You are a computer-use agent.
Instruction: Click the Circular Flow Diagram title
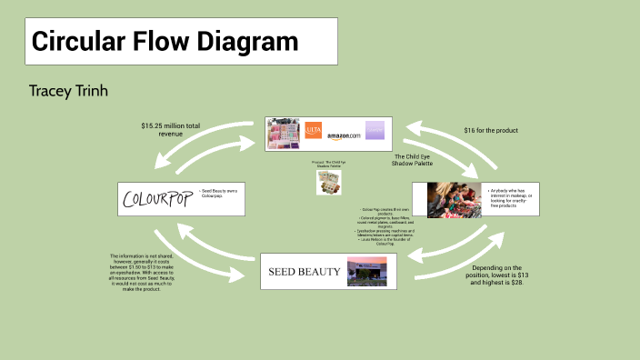165,42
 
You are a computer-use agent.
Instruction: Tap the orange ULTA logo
314,131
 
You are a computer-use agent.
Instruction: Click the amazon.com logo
345,135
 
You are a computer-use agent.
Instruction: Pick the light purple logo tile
375,131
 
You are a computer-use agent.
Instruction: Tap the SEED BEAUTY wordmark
304,271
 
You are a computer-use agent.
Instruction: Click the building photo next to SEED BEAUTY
368,271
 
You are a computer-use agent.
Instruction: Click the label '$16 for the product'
490,130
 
